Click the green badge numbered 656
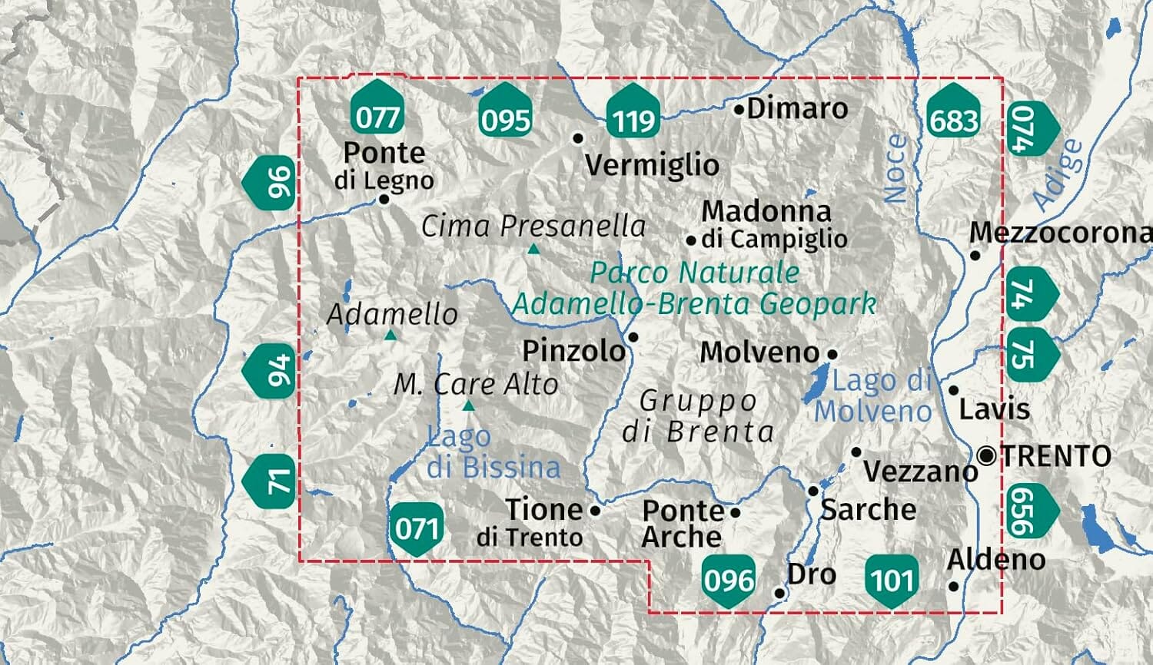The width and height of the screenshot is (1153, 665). pos(1029,511)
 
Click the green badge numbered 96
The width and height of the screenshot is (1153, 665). pos(271,184)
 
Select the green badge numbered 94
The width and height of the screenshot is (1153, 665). pos(271,371)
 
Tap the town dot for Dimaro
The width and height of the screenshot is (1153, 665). pos(739,110)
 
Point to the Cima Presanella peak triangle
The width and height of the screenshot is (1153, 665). pos(533,249)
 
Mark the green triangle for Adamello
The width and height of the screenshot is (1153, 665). pos(390,335)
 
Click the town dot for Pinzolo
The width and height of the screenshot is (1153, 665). pos(633,336)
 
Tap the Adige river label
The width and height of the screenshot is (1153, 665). pos(1058,175)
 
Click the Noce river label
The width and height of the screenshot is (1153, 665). pos(895,168)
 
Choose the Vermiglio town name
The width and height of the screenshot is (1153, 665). pos(652,164)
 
